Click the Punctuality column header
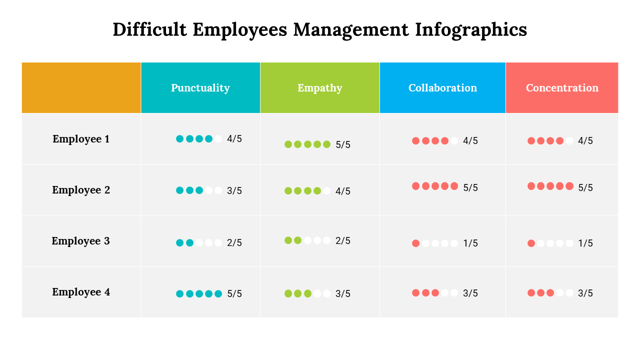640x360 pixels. (200, 88)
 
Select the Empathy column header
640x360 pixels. (320, 88)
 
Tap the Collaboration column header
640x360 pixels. (442, 88)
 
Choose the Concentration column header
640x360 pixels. (562, 88)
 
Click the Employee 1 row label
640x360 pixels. (81, 139)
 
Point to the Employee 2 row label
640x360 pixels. (81, 190)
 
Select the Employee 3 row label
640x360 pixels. (81, 241)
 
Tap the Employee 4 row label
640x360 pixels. (81, 292)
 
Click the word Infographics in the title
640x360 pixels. (471, 29)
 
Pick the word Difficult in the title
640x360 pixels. (149, 29)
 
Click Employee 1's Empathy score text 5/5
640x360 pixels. (343, 145)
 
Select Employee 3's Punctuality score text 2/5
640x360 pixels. (234, 243)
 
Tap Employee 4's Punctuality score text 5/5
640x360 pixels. (234, 294)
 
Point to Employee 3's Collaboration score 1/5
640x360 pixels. (470, 243)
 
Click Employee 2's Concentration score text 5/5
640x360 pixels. (585, 188)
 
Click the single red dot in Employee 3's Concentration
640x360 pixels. (531, 243)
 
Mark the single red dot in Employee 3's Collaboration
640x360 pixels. (415, 243)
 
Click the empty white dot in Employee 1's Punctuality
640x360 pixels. (218, 139)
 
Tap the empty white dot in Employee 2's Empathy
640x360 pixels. (326, 190)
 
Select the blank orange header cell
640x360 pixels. (81, 88)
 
